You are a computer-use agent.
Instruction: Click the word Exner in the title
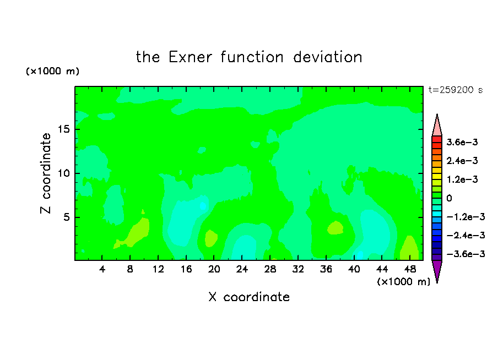tap(190, 57)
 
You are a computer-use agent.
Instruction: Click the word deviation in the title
tap(327, 57)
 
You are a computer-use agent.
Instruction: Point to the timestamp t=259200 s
tap(456, 90)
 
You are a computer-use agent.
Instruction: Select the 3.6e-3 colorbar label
tap(462, 142)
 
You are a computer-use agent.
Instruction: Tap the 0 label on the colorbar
tap(449, 198)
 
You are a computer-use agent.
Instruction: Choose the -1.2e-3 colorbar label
tap(465, 217)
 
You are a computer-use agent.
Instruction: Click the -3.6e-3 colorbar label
tap(465, 254)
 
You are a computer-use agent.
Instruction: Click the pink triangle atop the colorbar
tap(437, 127)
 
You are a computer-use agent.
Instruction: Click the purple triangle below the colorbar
tap(437, 270)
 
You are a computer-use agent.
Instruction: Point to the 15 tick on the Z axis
tap(63, 129)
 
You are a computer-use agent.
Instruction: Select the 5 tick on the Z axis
tap(66, 217)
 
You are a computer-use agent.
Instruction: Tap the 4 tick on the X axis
tap(102, 269)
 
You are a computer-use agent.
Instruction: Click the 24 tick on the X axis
tap(242, 269)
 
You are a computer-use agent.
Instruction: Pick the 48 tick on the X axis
tap(410, 269)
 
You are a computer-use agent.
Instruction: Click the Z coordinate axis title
tap(46, 173)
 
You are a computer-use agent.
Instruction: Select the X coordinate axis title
tap(249, 297)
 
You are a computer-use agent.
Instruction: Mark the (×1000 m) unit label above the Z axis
tap(52, 71)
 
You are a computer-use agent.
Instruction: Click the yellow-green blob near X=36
tap(335, 228)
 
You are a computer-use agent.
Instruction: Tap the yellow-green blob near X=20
tap(211, 238)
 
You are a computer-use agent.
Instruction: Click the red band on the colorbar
tap(437, 139)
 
